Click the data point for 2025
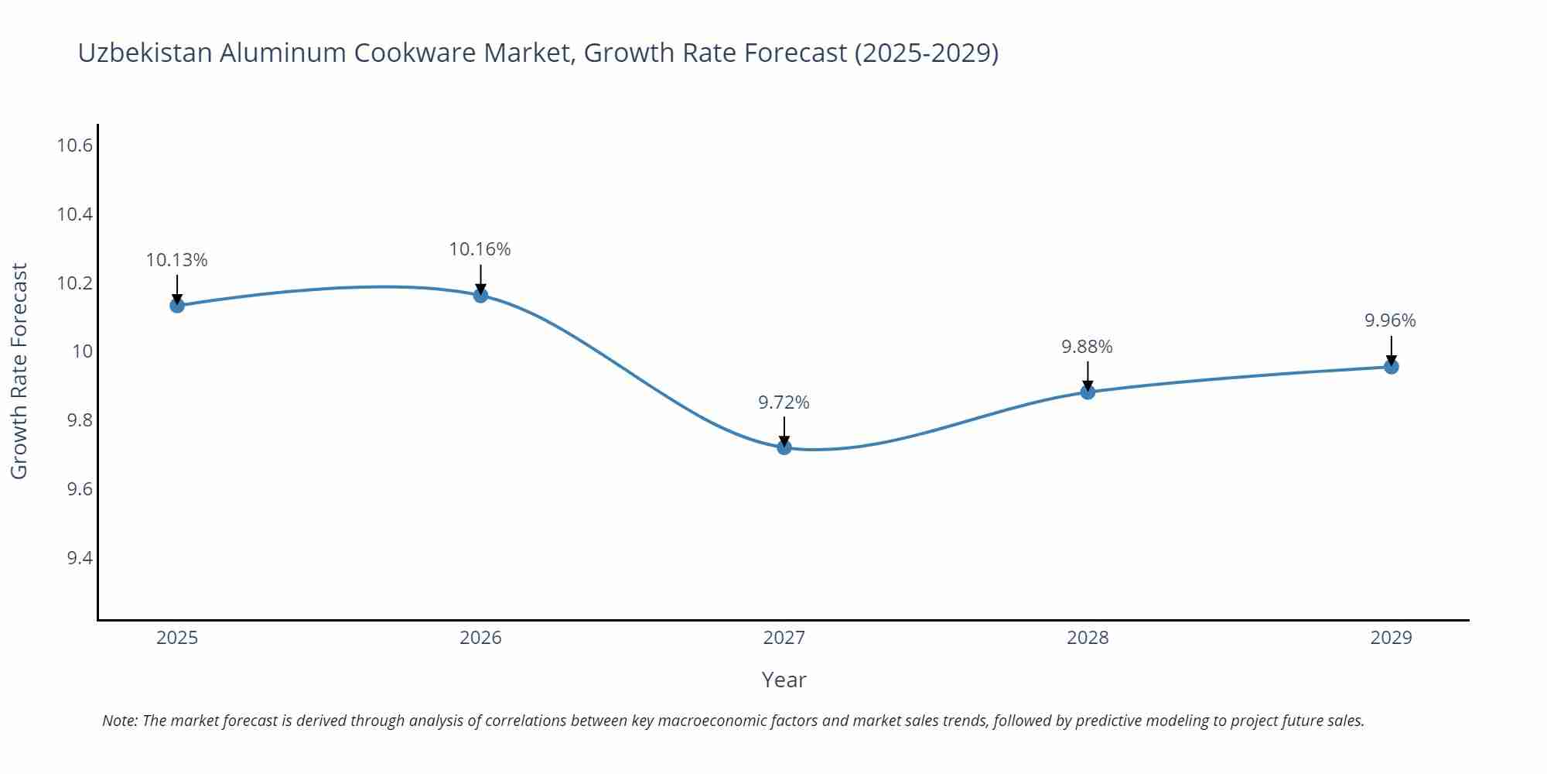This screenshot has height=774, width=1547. pos(177,305)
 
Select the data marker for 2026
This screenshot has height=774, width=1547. pos(480,295)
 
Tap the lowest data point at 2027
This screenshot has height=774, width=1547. pos(784,447)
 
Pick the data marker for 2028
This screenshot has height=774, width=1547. pos(1088,392)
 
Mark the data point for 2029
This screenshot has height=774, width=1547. pos(1391,366)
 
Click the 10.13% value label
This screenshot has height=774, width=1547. pos(177,260)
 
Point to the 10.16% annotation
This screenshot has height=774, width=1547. pos(480,249)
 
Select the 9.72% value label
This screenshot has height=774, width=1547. pos(784,402)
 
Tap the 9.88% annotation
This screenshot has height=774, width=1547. pos(1087,347)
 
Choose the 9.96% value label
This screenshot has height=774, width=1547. pos(1390,320)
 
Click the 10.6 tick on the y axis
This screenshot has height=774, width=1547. pos(75,146)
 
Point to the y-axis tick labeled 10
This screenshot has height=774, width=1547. pos(82,351)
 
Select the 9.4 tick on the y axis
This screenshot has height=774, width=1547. pos(80,558)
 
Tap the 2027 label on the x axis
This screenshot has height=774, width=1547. pos(784,638)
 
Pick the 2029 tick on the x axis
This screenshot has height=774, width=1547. pos(1391,638)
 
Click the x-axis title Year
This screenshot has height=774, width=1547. pos(784,680)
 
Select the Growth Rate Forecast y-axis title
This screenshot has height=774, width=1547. pos(19,371)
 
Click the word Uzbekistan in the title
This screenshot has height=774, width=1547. pos(145,53)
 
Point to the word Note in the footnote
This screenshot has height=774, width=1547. pos(119,721)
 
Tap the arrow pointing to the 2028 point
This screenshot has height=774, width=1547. pos(1088,375)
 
